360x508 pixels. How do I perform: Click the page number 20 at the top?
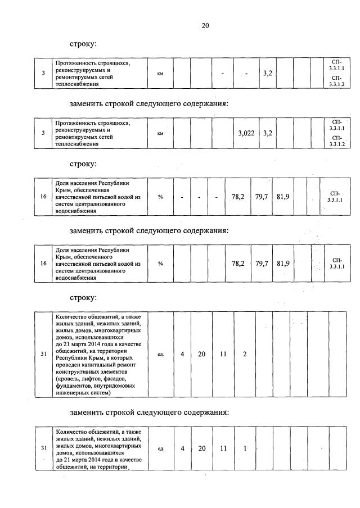tap(205, 25)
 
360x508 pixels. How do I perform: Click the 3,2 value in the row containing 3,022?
tap(267, 133)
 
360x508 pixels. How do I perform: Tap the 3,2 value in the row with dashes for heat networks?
tap(267, 73)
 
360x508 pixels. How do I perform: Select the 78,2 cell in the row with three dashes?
tap(238, 197)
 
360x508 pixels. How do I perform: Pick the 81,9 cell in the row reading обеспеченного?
tap(283, 263)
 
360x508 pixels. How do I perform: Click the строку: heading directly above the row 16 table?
tap(83, 164)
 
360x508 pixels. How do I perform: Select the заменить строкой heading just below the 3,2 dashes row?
tap(149, 103)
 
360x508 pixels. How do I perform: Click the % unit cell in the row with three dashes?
tap(160, 197)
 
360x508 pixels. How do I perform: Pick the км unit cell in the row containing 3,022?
tap(160, 134)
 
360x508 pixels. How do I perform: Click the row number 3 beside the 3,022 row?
tap(43, 133)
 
